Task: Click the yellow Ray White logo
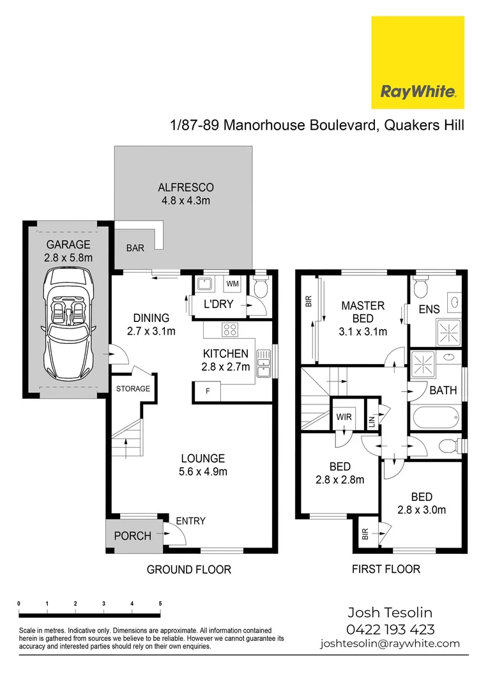(418, 63)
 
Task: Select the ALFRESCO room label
(185, 188)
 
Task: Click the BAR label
(135, 248)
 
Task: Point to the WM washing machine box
(233, 283)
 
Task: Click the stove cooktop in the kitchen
(230, 330)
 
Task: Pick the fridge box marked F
(208, 390)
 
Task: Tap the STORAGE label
(133, 388)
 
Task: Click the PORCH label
(133, 535)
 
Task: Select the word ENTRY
(191, 521)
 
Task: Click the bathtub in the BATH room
(436, 418)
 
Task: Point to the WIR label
(344, 417)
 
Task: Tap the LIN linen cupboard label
(372, 421)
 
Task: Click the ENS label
(429, 309)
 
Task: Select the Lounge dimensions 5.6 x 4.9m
(203, 472)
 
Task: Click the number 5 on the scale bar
(160, 603)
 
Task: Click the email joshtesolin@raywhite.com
(390, 643)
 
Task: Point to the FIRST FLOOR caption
(386, 569)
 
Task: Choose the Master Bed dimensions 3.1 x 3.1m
(363, 332)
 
